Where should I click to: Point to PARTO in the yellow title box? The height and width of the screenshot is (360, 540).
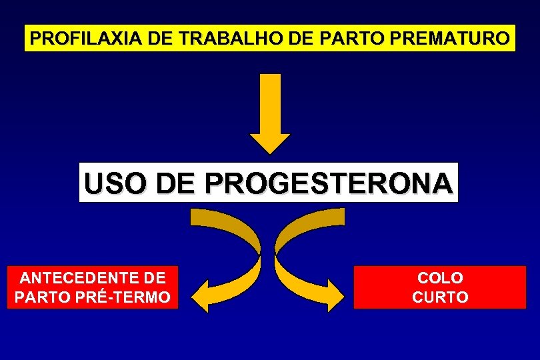coord(351,39)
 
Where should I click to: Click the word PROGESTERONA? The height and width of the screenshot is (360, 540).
coord(329,183)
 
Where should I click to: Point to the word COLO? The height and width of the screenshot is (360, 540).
coord(440,277)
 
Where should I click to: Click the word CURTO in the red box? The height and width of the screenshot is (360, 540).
coord(440,297)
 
